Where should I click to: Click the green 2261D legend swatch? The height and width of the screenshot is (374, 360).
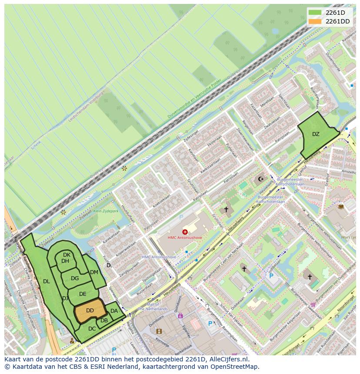[315, 12]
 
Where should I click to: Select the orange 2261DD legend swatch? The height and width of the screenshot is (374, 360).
[315, 21]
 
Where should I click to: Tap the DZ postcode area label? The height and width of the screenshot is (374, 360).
[316, 134]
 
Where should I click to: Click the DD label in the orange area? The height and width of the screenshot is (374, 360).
[90, 311]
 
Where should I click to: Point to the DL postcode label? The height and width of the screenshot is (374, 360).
[47, 281]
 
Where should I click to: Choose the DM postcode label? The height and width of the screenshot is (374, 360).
[94, 272]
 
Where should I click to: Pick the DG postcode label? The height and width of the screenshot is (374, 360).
[75, 278]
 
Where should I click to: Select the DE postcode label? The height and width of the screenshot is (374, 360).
[83, 294]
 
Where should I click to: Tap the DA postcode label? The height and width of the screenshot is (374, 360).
[114, 311]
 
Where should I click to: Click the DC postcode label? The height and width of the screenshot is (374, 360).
[92, 329]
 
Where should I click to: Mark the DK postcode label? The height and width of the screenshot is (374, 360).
[67, 255]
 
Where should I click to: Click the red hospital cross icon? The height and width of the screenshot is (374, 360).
[185, 232]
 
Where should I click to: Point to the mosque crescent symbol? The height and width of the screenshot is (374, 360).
[261, 179]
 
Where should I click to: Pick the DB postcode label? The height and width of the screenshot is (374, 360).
[104, 321]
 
